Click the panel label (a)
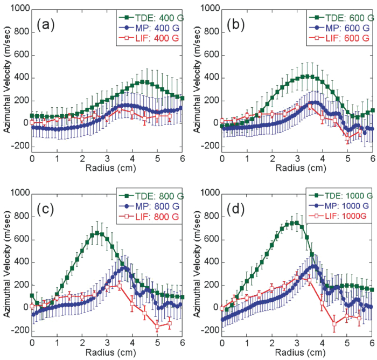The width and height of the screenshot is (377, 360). coord(45,25)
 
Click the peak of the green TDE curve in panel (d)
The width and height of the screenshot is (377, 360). coord(295,223)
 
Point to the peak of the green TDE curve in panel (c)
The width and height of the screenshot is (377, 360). coord(97,233)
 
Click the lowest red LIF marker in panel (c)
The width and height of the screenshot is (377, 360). coord(157,327)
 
